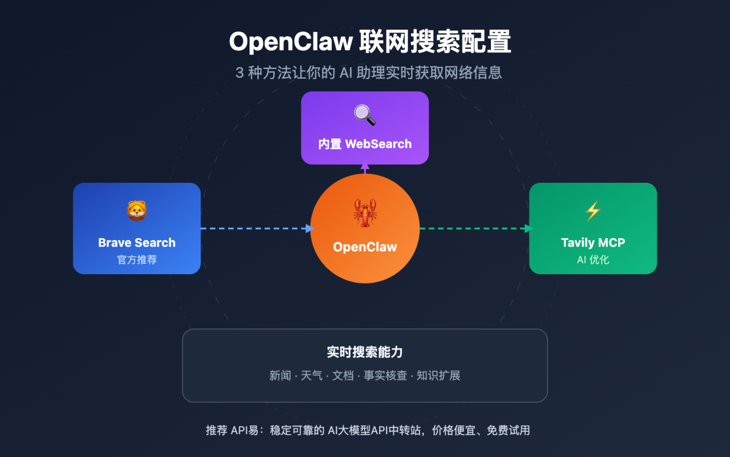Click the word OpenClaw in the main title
point(290,41)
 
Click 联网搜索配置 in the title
point(435,41)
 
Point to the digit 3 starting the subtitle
point(240,73)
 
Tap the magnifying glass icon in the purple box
point(365,115)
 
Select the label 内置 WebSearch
point(365,144)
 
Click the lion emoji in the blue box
point(137,210)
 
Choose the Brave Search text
point(137,243)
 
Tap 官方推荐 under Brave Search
point(137,260)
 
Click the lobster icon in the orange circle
point(365,213)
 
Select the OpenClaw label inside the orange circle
point(365,247)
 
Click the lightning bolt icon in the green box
point(593,211)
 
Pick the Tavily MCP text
point(593,243)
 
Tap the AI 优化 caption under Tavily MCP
point(593,260)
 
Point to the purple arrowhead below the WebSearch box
point(365,168)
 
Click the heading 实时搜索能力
point(365,352)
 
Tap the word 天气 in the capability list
point(312,376)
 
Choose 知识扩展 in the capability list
point(438,376)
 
